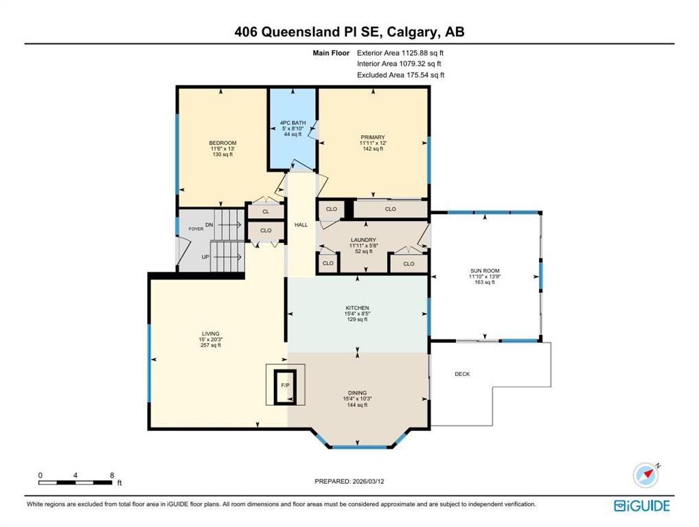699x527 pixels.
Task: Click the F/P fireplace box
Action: coord(286,385)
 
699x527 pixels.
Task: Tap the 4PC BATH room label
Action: coord(293,123)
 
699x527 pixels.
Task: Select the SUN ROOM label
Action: coord(485,271)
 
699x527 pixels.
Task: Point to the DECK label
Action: coord(462,374)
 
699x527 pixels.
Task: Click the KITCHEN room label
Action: coord(358,308)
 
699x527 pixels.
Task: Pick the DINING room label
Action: coord(358,393)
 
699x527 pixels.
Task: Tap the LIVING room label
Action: coord(211,333)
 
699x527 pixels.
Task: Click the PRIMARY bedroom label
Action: coord(373,137)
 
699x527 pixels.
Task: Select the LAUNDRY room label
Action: coord(363,239)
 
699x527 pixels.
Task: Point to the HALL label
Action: coord(301,225)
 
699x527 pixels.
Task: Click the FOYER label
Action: coord(196,229)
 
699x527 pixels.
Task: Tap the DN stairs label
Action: coord(209,225)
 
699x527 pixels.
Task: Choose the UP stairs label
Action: coord(205,257)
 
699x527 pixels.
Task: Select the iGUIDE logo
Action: coord(642,506)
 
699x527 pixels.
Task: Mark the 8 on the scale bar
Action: coord(112,476)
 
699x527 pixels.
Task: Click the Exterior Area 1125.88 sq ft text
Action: coord(400,53)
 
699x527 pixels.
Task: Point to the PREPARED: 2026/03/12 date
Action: coord(349,481)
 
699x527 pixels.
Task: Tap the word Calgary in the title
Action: coord(413,32)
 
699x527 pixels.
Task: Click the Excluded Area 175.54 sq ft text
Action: coord(401,75)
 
